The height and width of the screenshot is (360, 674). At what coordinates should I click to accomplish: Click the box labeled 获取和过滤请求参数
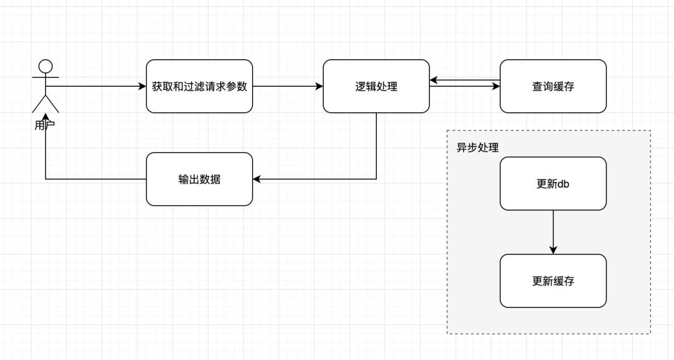(x=199, y=86)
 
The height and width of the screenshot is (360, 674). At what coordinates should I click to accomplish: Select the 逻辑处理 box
(x=376, y=86)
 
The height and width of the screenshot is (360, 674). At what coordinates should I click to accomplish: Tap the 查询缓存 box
(x=553, y=86)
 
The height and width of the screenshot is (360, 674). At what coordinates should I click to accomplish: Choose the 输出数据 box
(x=199, y=179)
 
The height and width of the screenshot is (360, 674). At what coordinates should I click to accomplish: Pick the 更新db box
(x=553, y=183)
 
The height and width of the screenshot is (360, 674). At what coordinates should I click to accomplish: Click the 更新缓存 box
(x=553, y=281)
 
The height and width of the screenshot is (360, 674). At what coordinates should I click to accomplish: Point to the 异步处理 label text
(x=477, y=148)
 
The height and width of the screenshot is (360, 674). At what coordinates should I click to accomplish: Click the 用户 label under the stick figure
(x=45, y=125)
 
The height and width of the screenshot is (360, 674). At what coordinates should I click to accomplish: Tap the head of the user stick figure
(x=46, y=66)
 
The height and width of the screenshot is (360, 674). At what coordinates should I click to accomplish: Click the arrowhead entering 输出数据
(x=256, y=179)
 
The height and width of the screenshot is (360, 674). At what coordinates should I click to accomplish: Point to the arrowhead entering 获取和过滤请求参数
(x=142, y=86)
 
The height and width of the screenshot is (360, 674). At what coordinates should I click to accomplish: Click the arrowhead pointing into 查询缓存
(x=496, y=87)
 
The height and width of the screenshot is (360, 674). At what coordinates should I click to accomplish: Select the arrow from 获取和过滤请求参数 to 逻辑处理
(x=287, y=86)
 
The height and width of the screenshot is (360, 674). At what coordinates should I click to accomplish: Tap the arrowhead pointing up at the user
(x=46, y=117)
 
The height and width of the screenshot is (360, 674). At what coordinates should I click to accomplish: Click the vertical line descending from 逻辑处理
(x=376, y=147)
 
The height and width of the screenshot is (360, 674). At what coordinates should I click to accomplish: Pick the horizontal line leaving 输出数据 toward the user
(x=94, y=179)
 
